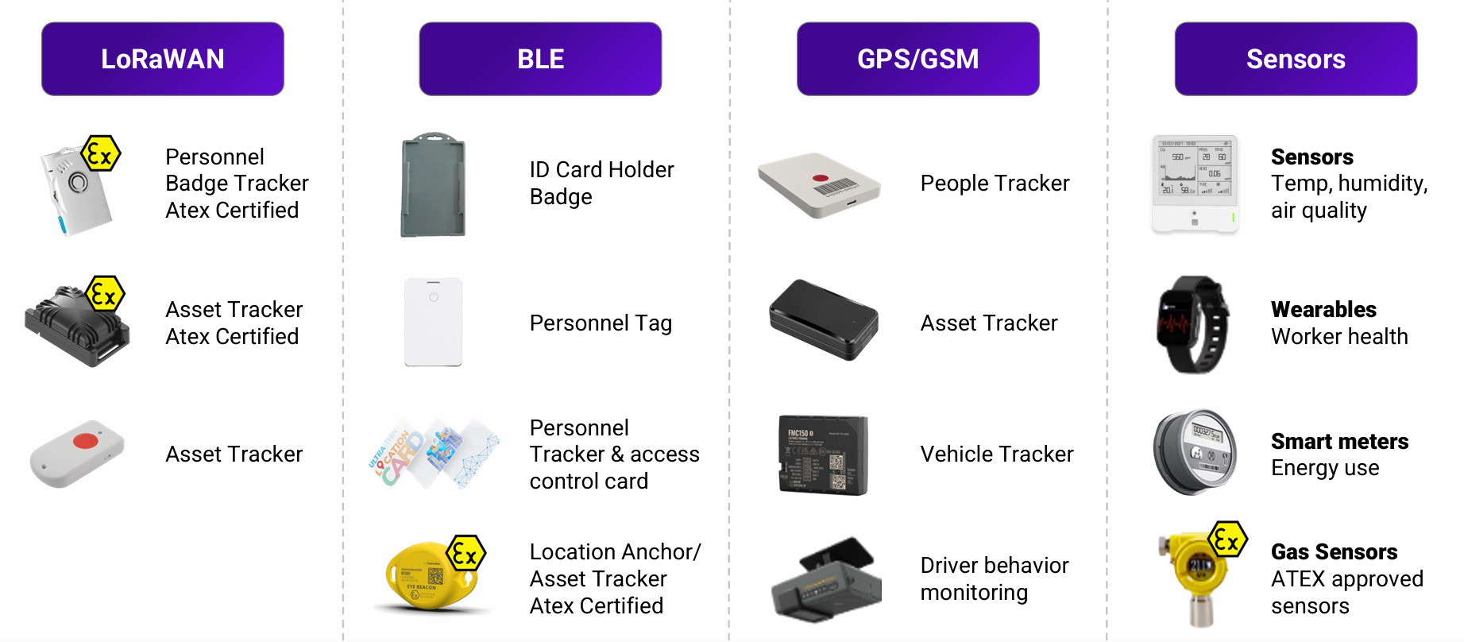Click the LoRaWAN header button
163,59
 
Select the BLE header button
540,59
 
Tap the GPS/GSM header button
917,59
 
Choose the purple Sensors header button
1296,59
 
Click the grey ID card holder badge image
433,185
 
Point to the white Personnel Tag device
433,322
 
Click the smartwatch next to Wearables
1193,324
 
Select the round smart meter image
1196,452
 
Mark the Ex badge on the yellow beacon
465,554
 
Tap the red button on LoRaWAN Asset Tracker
85,441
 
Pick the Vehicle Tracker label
997,454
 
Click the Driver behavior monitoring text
995,578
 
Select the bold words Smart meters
1339,441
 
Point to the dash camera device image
826,580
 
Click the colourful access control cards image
434,454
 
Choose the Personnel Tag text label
601,323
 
